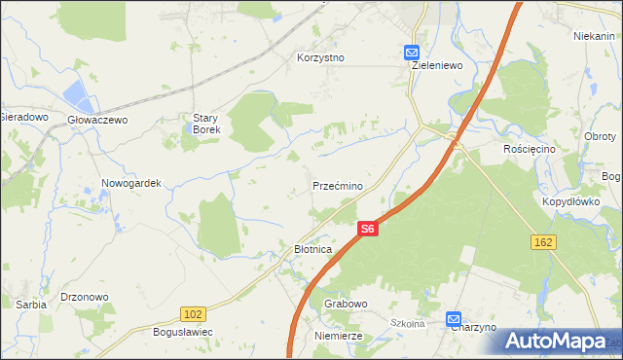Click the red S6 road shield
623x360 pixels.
coord(366,229)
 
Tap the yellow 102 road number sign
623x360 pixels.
coord(192,312)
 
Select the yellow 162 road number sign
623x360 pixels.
coord(544,239)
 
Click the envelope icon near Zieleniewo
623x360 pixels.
coord(412,54)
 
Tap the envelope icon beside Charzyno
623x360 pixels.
coord(455,318)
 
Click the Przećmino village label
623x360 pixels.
coord(338,185)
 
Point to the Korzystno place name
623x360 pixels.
coord(320,57)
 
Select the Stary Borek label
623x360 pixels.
coord(206,123)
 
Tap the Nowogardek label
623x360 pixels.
coord(130,183)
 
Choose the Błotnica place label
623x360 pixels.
coord(313,249)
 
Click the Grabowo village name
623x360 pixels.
coord(346,304)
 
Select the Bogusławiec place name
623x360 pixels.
coord(183,332)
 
